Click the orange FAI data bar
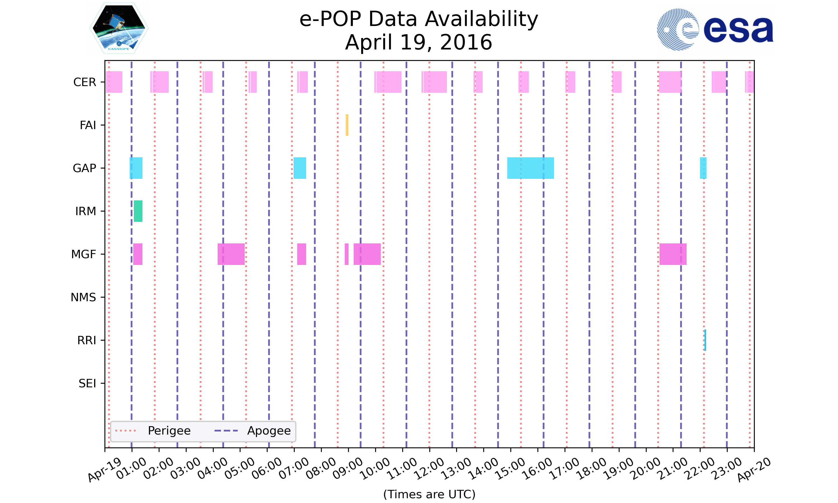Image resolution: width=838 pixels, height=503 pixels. (347, 125)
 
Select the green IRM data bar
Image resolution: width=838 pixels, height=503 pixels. (138, 211)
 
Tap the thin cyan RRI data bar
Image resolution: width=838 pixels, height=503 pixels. (705, 340)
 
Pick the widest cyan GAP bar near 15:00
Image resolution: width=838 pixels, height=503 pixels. (530, 168)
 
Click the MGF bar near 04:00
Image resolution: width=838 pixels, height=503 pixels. (231, 254)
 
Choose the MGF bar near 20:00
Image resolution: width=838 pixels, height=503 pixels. (673, 254)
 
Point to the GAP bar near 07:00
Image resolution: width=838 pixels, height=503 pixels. (299, 168)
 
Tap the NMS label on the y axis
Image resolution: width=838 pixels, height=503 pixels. (83, 297)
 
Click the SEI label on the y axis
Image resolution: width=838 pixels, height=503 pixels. (87, 383)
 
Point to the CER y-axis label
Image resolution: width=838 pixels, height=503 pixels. (85, 82)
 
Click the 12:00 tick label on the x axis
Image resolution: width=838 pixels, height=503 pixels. (430, 468)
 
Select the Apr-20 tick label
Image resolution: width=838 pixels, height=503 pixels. (754, 469)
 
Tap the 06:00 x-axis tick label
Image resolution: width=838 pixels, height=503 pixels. (267, 468)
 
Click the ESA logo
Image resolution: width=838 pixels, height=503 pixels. (715, 30)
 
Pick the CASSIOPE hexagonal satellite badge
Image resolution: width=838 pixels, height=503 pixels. (119, 28)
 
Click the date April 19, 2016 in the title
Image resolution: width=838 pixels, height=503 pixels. (419, 42)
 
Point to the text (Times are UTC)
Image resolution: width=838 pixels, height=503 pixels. (429, 494)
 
